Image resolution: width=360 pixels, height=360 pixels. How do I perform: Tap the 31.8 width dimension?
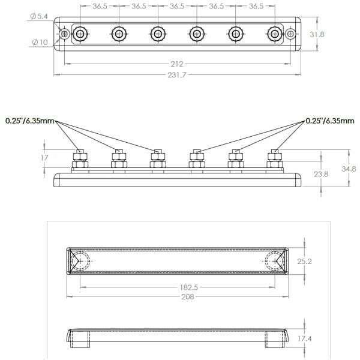click(x=317, y=35)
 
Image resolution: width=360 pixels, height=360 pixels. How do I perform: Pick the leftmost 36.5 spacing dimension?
click(x=100, y=6)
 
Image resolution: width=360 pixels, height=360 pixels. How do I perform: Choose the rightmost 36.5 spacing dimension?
click(x=255, y=6)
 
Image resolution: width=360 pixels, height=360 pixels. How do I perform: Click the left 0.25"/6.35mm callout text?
click(x=30, y=121)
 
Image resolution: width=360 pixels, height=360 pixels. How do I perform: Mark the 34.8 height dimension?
click(x=349, y=169)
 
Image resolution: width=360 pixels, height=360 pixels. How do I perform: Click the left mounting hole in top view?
click(x=64, y=35)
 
